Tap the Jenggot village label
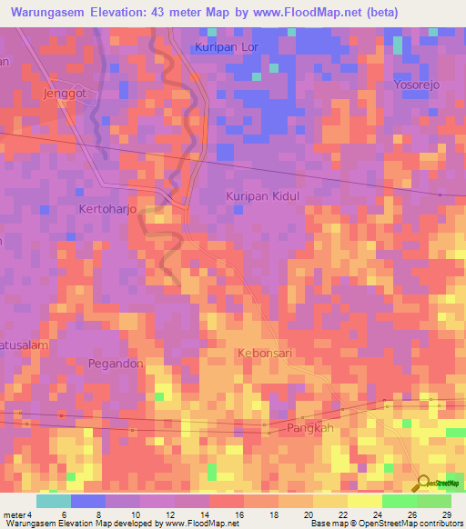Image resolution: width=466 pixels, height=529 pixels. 63,93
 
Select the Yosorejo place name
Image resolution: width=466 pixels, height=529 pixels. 416,85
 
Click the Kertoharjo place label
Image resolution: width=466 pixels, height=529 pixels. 107,208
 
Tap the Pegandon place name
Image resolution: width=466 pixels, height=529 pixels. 116,363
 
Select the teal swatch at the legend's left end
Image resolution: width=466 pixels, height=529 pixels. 53,501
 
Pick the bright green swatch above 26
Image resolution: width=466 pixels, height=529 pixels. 399,501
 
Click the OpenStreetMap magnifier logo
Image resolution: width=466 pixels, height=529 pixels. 423,483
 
